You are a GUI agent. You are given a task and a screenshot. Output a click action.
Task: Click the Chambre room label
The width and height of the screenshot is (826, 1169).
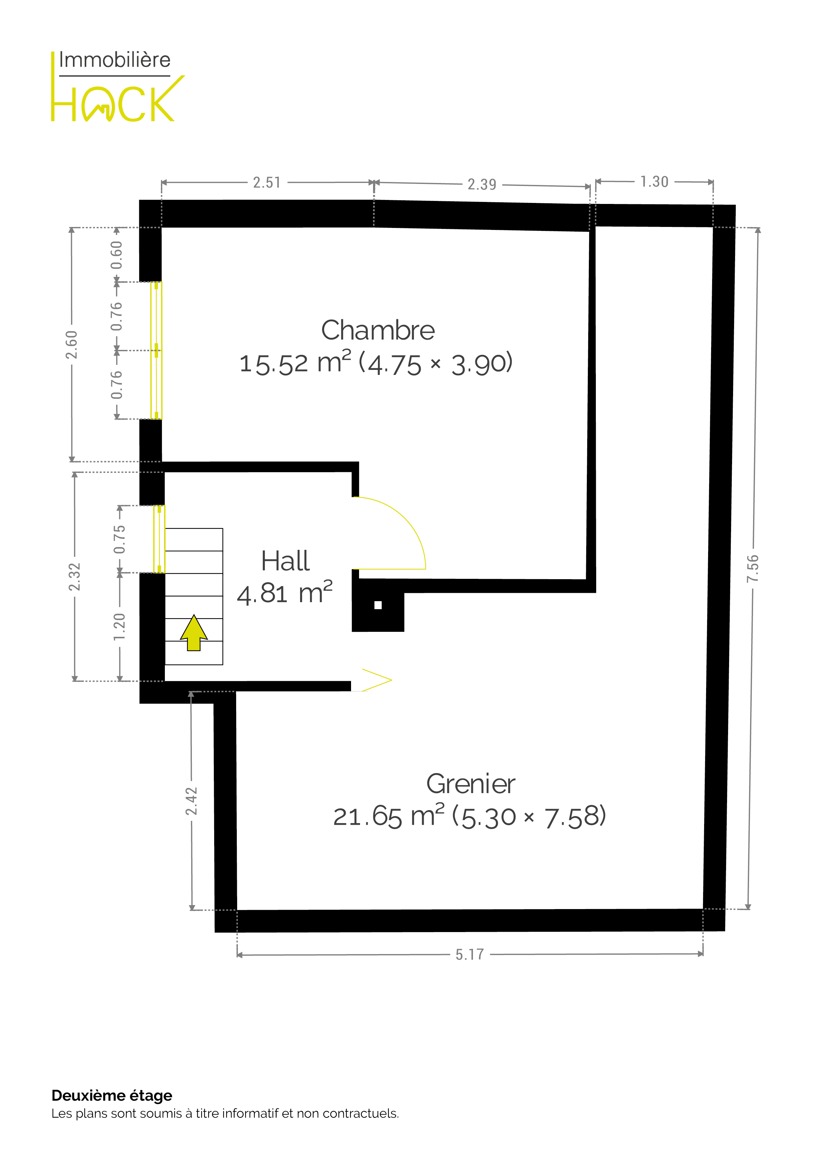click(x=378, y=331)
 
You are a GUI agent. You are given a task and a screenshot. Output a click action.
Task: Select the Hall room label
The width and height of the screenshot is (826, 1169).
click(x=285, y=561)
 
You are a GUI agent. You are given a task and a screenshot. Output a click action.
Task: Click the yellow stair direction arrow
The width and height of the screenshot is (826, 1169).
click(x=194, y=633)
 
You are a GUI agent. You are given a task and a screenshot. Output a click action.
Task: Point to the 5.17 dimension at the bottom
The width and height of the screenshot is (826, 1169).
click(x=470, y=955)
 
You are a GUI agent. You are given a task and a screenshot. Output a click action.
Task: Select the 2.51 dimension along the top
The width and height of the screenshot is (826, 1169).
click(x=267, y=182)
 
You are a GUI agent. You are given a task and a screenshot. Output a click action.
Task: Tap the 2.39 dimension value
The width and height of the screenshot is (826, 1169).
click(x=482, y=184)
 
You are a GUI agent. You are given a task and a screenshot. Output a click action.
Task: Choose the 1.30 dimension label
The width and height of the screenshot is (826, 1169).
click(x=654, y=182)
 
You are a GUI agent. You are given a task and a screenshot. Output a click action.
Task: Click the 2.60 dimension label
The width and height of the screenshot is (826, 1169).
click(x=72, y=345)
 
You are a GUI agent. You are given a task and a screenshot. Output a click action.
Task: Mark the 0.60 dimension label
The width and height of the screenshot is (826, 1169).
click(x=117, y=255)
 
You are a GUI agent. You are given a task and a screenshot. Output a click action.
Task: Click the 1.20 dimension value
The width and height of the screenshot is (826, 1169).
click(x=120, y=627)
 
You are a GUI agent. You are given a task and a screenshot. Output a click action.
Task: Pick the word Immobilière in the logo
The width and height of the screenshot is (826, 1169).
click(x=115, y=60)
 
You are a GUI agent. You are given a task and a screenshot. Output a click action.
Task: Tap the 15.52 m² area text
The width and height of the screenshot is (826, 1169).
click(x=295, y=363)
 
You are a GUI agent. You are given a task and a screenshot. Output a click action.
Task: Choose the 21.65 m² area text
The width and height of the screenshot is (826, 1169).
click(x=389, y=816)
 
